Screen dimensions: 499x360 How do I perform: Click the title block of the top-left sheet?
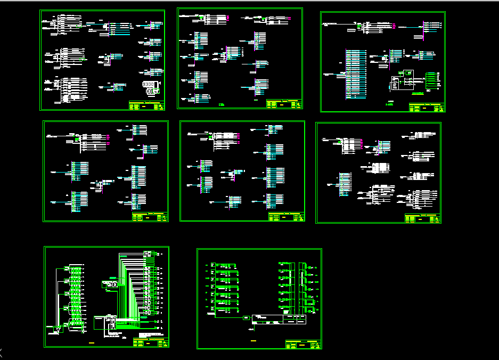(x=146, y=105)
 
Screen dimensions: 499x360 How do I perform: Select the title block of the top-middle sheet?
(x=284, y=104)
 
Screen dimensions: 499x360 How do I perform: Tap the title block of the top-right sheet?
(x=427, y=108)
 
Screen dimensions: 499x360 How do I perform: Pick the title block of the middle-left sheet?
(x=150, y=217)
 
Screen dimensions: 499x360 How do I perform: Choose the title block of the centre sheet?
(x=287, y=217)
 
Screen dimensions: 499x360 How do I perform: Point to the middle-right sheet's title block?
(x=423, y=218)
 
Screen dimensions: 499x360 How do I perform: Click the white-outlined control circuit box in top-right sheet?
(x=402, y=83)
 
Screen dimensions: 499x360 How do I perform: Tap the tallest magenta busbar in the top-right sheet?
(x=423, y=30)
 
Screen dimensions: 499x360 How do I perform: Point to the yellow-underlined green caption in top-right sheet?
(x=391, y=102)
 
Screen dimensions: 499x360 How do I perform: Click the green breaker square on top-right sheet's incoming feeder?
(x=360, y=26)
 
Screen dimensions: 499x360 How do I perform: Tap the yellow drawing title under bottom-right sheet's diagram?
(x=253, y=340)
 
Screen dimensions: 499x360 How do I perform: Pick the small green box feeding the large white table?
(x=246, y=318)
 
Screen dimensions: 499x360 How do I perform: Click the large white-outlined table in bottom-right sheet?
(x=280, y=320)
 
